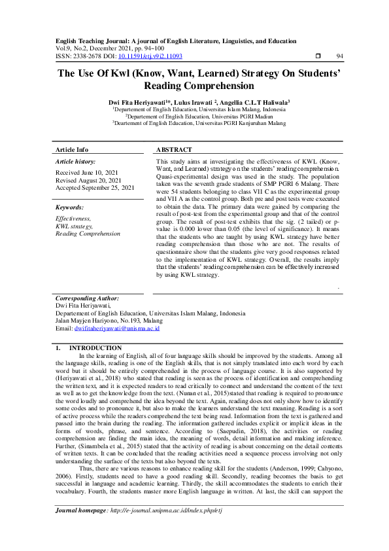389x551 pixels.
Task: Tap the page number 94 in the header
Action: (x=339, y=57)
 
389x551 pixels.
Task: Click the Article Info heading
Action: (x=72, y=149)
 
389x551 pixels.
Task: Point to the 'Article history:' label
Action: (x=76, y=161)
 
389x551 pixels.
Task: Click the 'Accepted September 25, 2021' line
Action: (x=95, y=188)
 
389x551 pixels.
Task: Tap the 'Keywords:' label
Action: (x=70, y=207)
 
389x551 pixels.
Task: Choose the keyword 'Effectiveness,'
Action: (x=74, y=219)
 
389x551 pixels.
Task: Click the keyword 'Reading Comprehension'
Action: (x=88, y=233)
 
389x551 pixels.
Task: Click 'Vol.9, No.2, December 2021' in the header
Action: (x=98, y=48)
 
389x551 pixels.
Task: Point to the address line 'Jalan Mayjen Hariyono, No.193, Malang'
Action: (x=109, y=321)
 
